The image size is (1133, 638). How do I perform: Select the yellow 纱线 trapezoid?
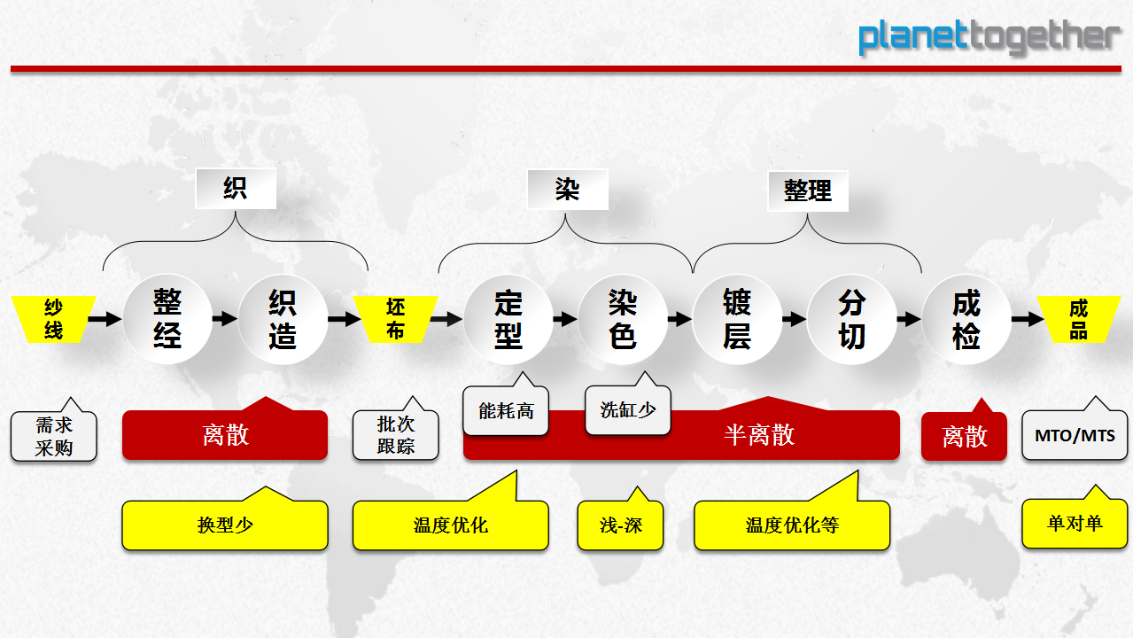54,319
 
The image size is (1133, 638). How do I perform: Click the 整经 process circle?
167,319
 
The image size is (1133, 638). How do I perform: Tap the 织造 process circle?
283,319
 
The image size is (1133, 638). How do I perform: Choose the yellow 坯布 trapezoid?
396,319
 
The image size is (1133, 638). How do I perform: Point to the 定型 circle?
508,319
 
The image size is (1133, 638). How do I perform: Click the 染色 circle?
623,319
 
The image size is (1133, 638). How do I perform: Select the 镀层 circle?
737,319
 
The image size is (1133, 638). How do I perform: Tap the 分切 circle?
852,319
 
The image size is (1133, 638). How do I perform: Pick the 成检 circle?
966,319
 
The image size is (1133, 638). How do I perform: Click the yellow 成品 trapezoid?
1079,319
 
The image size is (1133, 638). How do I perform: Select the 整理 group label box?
808,191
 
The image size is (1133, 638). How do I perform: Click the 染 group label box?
567,190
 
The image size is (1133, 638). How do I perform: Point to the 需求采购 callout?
54,436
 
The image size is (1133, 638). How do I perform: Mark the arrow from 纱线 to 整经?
105,319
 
